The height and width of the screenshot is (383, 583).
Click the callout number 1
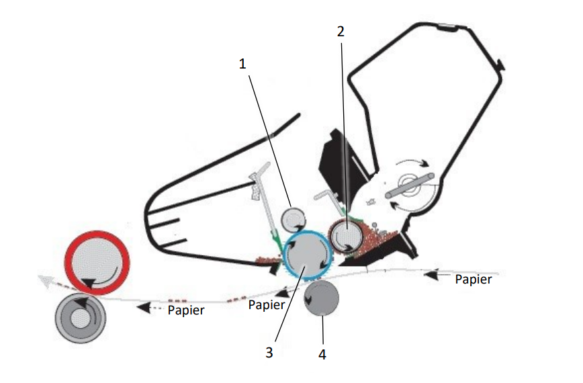point(243,64)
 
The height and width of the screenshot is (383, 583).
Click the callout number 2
point(341,31)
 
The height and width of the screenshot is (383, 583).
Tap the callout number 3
point(269,351)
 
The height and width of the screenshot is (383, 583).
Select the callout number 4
point(322,353)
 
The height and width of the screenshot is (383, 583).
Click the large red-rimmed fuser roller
point(96,263)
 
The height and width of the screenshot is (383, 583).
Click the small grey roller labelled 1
point(293,218)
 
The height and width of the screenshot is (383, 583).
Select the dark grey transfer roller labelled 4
point(322,298)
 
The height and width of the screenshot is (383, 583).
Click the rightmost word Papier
point(474,279)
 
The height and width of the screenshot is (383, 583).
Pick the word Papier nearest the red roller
point(186,310)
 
